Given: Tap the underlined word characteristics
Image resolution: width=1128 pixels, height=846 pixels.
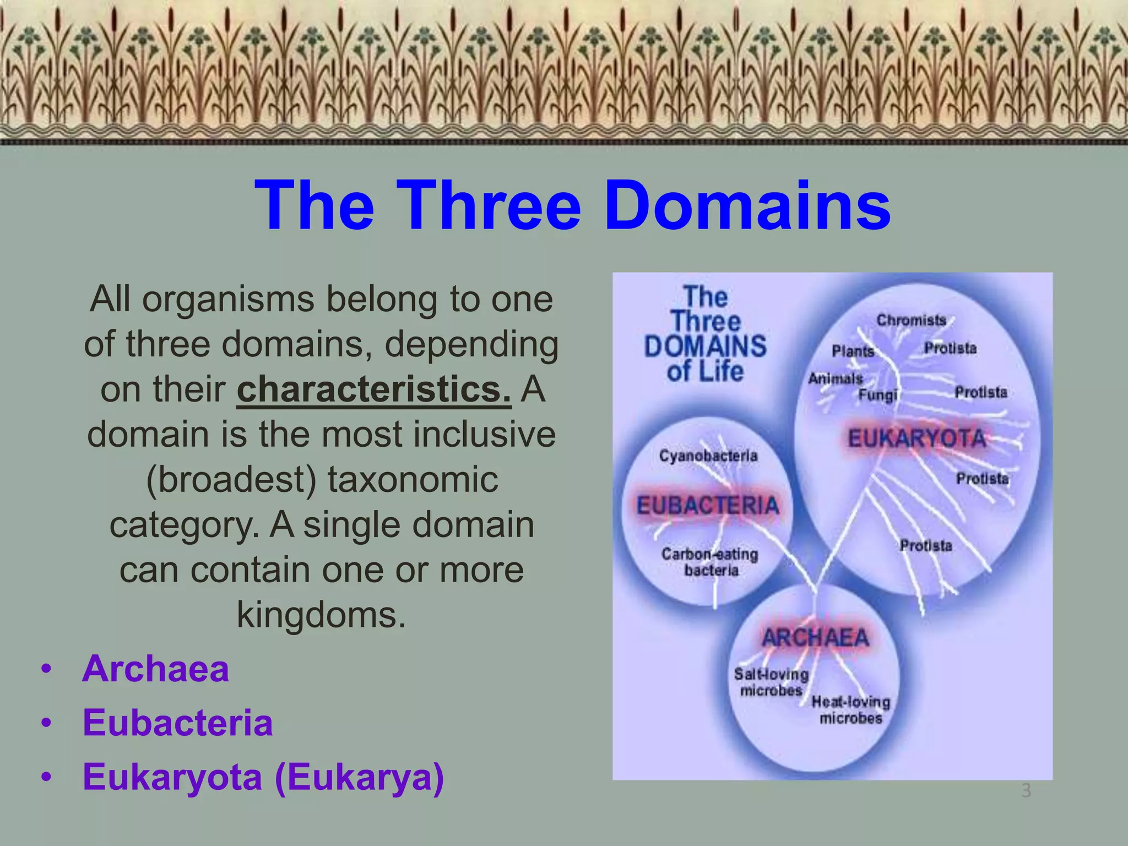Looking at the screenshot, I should (373, 389).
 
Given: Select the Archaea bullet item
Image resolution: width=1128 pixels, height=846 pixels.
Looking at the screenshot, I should (155, 669).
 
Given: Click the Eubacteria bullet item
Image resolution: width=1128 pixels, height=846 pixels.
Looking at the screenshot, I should (177, 723).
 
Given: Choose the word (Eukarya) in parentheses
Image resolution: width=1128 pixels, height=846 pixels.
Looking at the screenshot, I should (359, 777).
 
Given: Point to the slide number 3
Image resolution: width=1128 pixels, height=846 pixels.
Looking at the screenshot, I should (1026, 791).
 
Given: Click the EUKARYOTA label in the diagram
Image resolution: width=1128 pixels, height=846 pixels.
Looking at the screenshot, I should (916, 439).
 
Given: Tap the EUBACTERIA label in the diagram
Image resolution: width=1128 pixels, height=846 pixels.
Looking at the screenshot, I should (708, 506).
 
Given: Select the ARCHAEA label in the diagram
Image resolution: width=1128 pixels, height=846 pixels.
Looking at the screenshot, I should (815, 638).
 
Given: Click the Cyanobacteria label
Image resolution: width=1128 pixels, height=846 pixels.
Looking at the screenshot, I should (708, 456).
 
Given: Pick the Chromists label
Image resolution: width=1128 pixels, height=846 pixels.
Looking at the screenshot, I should (911, 321).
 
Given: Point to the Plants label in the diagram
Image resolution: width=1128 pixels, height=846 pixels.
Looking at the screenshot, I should (853, 351).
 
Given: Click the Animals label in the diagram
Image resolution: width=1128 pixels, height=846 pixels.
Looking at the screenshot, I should (836, 379).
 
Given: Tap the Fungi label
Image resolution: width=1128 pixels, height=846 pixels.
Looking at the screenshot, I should (877, 395).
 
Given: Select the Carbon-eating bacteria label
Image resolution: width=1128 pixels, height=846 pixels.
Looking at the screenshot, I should (710, 562).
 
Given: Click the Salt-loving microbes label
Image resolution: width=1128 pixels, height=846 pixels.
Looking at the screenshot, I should (771, 682).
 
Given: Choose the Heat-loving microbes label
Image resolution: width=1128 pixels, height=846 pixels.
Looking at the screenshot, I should (851, 710).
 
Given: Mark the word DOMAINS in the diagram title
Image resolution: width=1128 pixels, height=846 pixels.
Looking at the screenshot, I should (705, 346).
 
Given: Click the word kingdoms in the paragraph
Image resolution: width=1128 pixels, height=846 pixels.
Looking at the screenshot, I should (321, 614).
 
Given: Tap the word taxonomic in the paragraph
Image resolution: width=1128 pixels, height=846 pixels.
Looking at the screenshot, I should (413, 479).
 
